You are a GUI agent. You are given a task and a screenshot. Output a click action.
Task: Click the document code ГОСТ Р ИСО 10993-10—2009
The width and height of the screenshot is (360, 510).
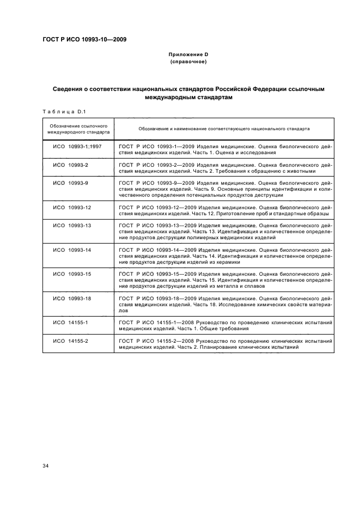tap(81, 39)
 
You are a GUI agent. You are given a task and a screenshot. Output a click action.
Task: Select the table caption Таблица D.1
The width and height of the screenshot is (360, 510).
tap(62, 112)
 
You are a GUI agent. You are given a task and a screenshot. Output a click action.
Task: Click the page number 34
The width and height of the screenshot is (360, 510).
tap(46, 465)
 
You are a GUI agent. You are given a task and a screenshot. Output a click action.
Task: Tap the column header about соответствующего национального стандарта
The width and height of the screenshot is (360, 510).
tap(224, 129)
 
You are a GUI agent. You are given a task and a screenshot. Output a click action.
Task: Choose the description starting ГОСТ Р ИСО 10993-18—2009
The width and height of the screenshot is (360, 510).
tap(225, 305)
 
